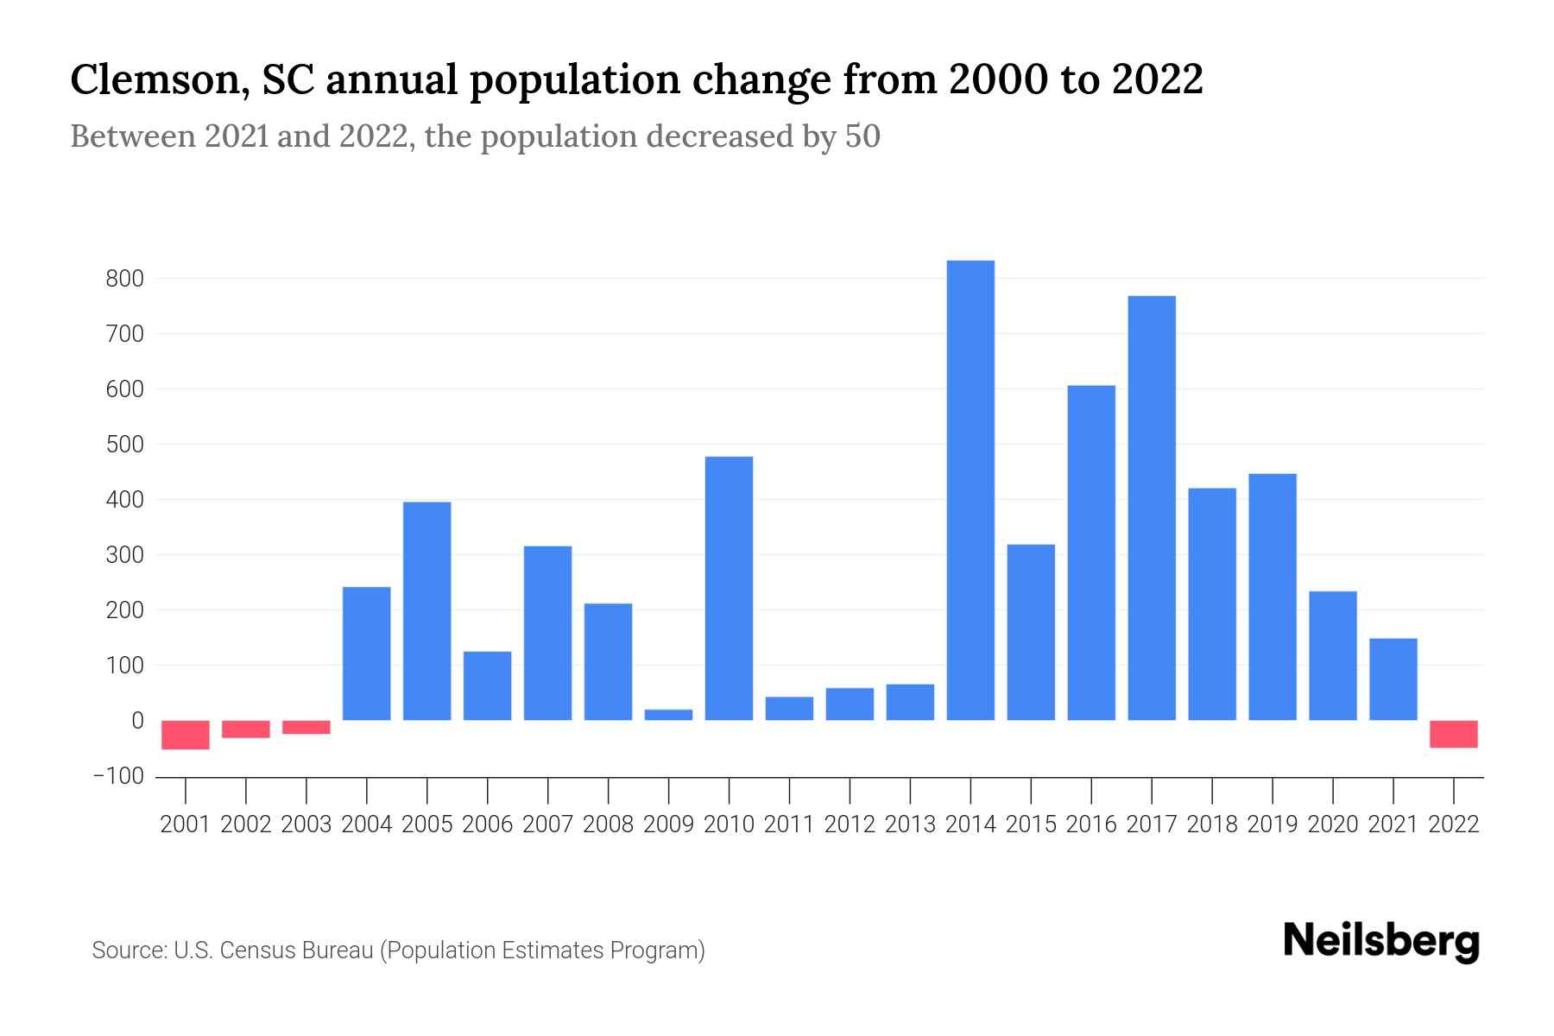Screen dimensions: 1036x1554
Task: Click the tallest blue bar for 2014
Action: click(970, 490)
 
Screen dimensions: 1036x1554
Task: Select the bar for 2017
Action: click(1152, 508)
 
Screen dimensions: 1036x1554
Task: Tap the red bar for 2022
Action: click(1454, 734)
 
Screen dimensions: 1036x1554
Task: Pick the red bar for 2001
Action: click(186, 735)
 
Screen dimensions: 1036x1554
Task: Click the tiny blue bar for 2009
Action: click(668, 715)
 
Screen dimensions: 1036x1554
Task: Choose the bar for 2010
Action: click(729, 588)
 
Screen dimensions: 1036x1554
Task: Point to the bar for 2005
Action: click(427, 610)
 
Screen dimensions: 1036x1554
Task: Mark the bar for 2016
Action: click(1091, 553)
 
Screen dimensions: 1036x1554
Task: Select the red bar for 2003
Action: click(306, 727)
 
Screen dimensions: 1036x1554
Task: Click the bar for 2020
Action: click(1333, 655)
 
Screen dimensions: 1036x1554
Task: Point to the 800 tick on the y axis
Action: click(124, 279)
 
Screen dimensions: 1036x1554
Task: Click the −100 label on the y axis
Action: click(118, 776)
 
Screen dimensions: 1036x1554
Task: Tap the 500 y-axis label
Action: click(124, 445)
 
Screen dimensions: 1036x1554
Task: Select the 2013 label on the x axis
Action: click(910, 824)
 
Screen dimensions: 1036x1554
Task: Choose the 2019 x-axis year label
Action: click(1273, 824)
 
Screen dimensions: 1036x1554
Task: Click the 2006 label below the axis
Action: click(488, 824)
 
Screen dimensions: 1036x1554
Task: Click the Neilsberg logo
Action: click(1381, 941)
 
